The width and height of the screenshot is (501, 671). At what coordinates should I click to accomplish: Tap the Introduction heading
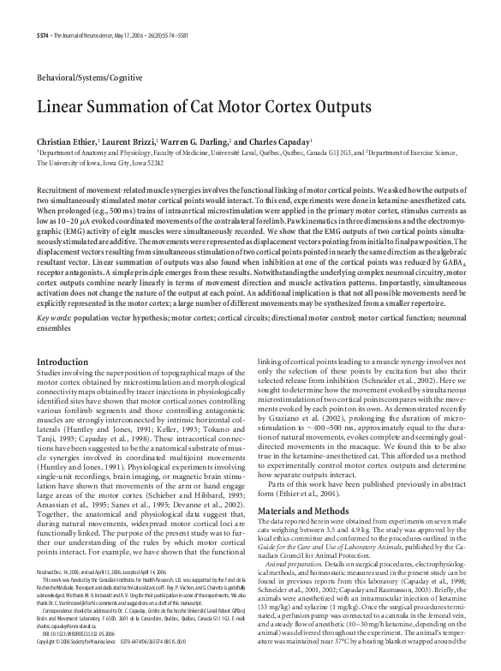click(63, 363)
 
